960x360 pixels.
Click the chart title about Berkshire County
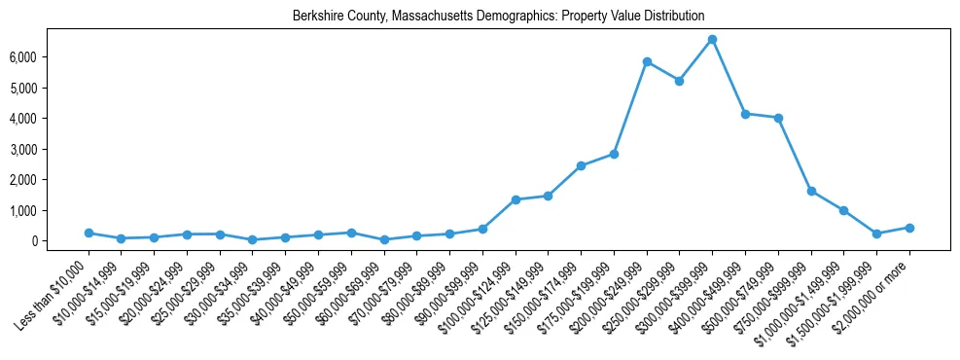point(498,16)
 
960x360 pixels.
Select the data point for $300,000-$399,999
point(712,39)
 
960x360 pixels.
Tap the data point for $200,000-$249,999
point(647,61)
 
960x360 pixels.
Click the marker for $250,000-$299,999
point(679,81)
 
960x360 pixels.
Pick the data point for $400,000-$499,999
point(745,114)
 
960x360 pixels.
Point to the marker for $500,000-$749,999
point(778,118)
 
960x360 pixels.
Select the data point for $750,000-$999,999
point(811,191)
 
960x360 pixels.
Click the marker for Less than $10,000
point(89,233)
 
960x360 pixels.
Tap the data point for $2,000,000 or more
point(909,228)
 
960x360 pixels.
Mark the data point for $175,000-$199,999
point(614,154)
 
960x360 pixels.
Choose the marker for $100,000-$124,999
point(516,199)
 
